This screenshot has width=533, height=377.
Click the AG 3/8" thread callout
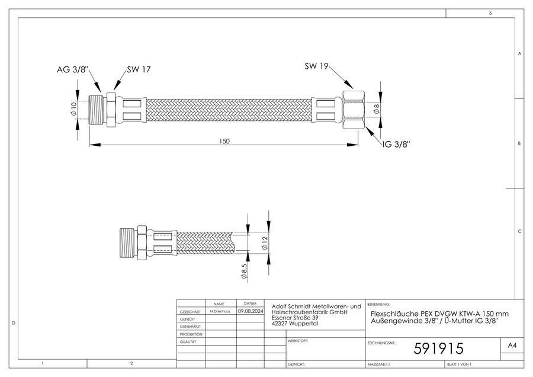coord(72,70)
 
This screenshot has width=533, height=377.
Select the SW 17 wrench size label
coord(139,69)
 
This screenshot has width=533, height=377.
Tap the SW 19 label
coord(316,66)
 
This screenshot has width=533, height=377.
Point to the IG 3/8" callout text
coord(396,144)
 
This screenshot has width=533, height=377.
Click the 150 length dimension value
coord(224,141)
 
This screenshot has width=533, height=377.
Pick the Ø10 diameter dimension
coord(73,110)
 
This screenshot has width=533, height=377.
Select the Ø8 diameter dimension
coord(376,109)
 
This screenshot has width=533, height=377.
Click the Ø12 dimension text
coord(265,242)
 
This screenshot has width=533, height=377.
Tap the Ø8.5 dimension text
coord(244,271)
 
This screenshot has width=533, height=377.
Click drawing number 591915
coord(438,349)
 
